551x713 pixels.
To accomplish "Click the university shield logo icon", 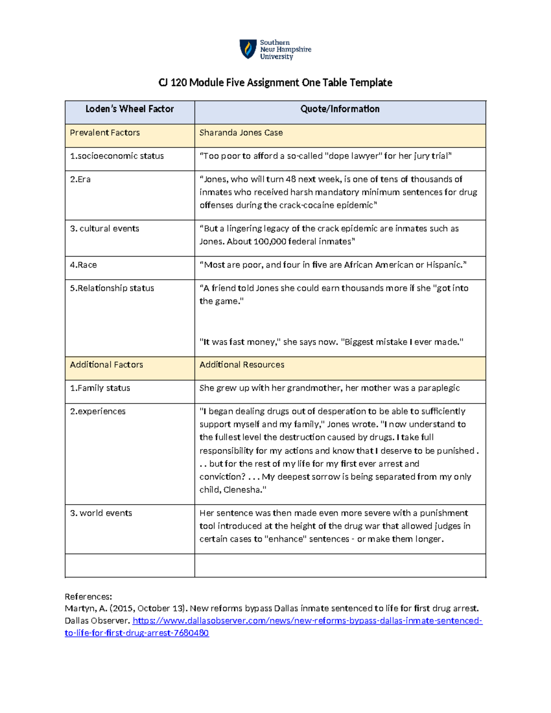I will click(248, 49).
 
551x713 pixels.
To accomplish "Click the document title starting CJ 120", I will click(275, 83).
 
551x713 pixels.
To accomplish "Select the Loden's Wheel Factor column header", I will click(129, 109).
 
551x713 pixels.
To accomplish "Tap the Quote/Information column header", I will click(340, 109).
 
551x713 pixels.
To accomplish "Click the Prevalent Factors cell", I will click(105, 133).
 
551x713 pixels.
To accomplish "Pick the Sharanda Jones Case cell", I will click(241, 133).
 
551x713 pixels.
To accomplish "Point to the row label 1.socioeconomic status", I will click(117, 156).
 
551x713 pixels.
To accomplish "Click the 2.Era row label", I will click(80, 180).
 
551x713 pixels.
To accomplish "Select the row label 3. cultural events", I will click(105, 229).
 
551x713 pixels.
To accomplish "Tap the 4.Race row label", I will click(84, 265).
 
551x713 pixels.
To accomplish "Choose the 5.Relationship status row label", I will click(112, 288).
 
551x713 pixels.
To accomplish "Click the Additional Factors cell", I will click(107, 365).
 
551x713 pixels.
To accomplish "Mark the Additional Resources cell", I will click(242, 365).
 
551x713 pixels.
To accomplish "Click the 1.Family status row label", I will click(100, 388).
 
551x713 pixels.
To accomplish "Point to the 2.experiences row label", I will click(98, 411).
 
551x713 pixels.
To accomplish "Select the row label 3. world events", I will click(101, 513).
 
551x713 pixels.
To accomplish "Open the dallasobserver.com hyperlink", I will click(307, 621).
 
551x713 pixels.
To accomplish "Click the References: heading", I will click(88, 597).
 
